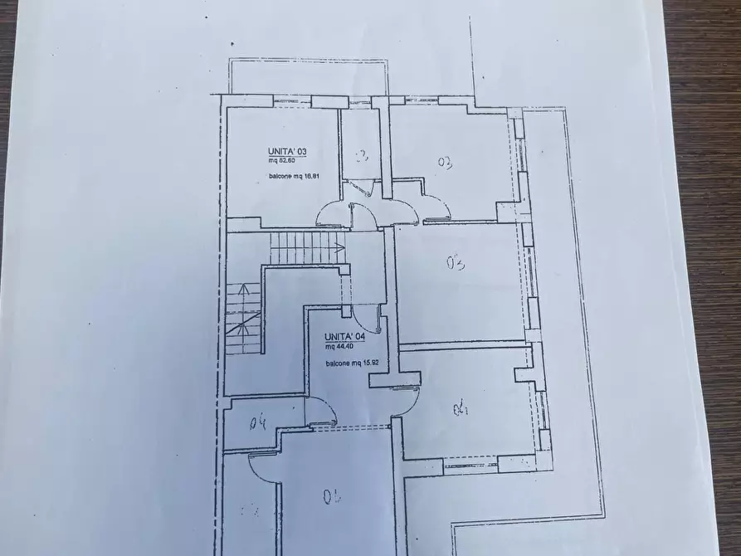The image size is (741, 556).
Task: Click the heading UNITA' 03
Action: (x=287, y=151)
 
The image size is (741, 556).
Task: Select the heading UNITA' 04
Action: (x=344, y=335)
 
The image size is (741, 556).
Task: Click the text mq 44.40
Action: (x=340, y=347)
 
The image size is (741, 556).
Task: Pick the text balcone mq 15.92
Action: (x=352, y=363)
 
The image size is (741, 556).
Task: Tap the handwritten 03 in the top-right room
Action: (x=444, y=163)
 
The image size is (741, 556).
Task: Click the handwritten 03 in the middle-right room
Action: (x=454, y=265)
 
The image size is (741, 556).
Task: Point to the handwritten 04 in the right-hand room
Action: (x=461, y=409)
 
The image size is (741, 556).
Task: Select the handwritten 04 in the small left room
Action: (x=258, y=423)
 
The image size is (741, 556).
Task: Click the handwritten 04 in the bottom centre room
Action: (x=333, y=497)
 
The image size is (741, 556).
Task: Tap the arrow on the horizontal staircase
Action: (x=339, y=246)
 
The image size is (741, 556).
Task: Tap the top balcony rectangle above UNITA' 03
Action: (x=306, y=76)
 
